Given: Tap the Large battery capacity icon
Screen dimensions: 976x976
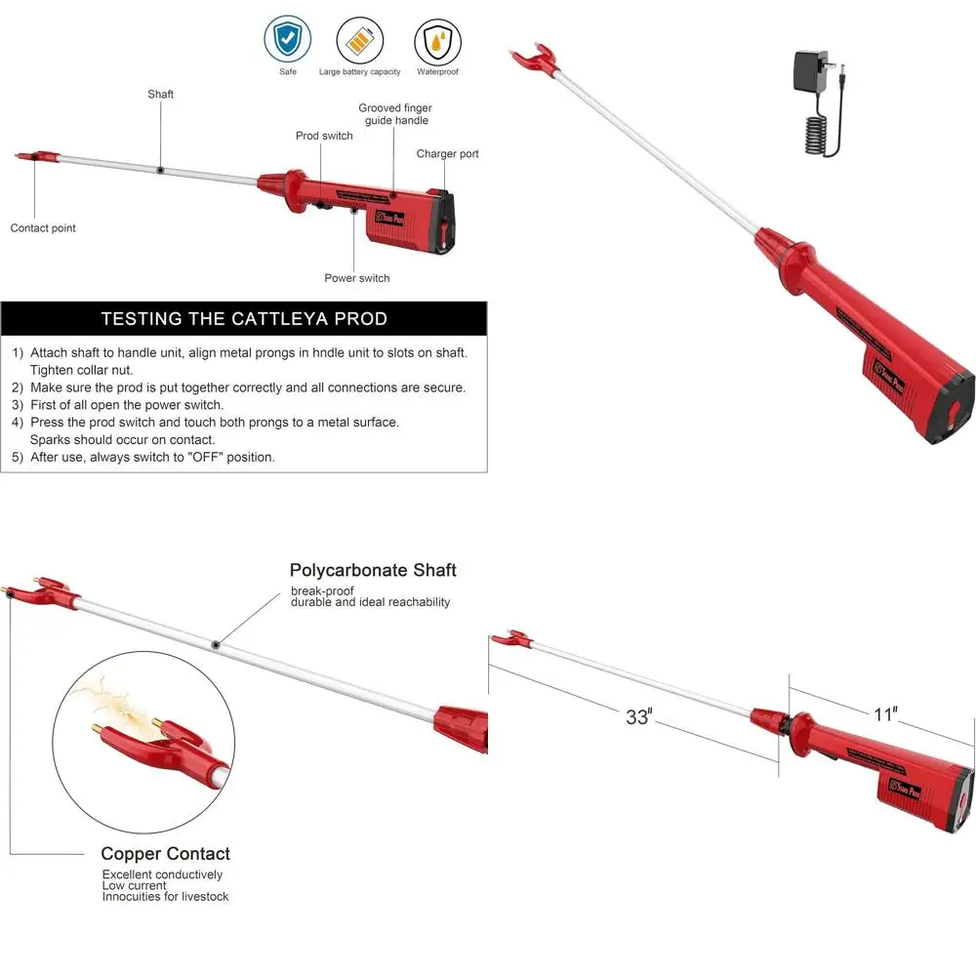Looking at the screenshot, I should (359, 41).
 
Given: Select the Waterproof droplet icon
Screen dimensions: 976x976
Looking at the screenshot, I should (437, 41).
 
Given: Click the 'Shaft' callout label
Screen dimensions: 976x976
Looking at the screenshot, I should (161, 95).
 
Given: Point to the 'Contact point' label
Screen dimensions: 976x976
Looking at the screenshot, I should (43, 228).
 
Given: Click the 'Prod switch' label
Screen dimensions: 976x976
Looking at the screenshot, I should (324, 136).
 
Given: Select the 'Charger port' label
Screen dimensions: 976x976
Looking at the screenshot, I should (447, 154).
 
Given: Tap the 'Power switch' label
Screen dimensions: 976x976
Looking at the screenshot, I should (356, 278).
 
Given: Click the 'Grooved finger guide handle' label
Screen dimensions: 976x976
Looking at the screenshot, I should (395, 114).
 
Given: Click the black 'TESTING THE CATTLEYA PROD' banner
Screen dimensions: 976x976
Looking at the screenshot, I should (244, 319).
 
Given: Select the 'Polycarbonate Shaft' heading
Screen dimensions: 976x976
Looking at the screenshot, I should (373, 570).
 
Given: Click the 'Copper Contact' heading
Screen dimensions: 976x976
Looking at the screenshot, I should (166, 854).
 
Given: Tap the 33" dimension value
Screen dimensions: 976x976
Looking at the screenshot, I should (637, 717).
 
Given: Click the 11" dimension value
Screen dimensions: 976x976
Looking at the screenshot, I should (884, 714).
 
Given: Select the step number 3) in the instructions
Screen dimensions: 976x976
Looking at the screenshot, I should (18, 404).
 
